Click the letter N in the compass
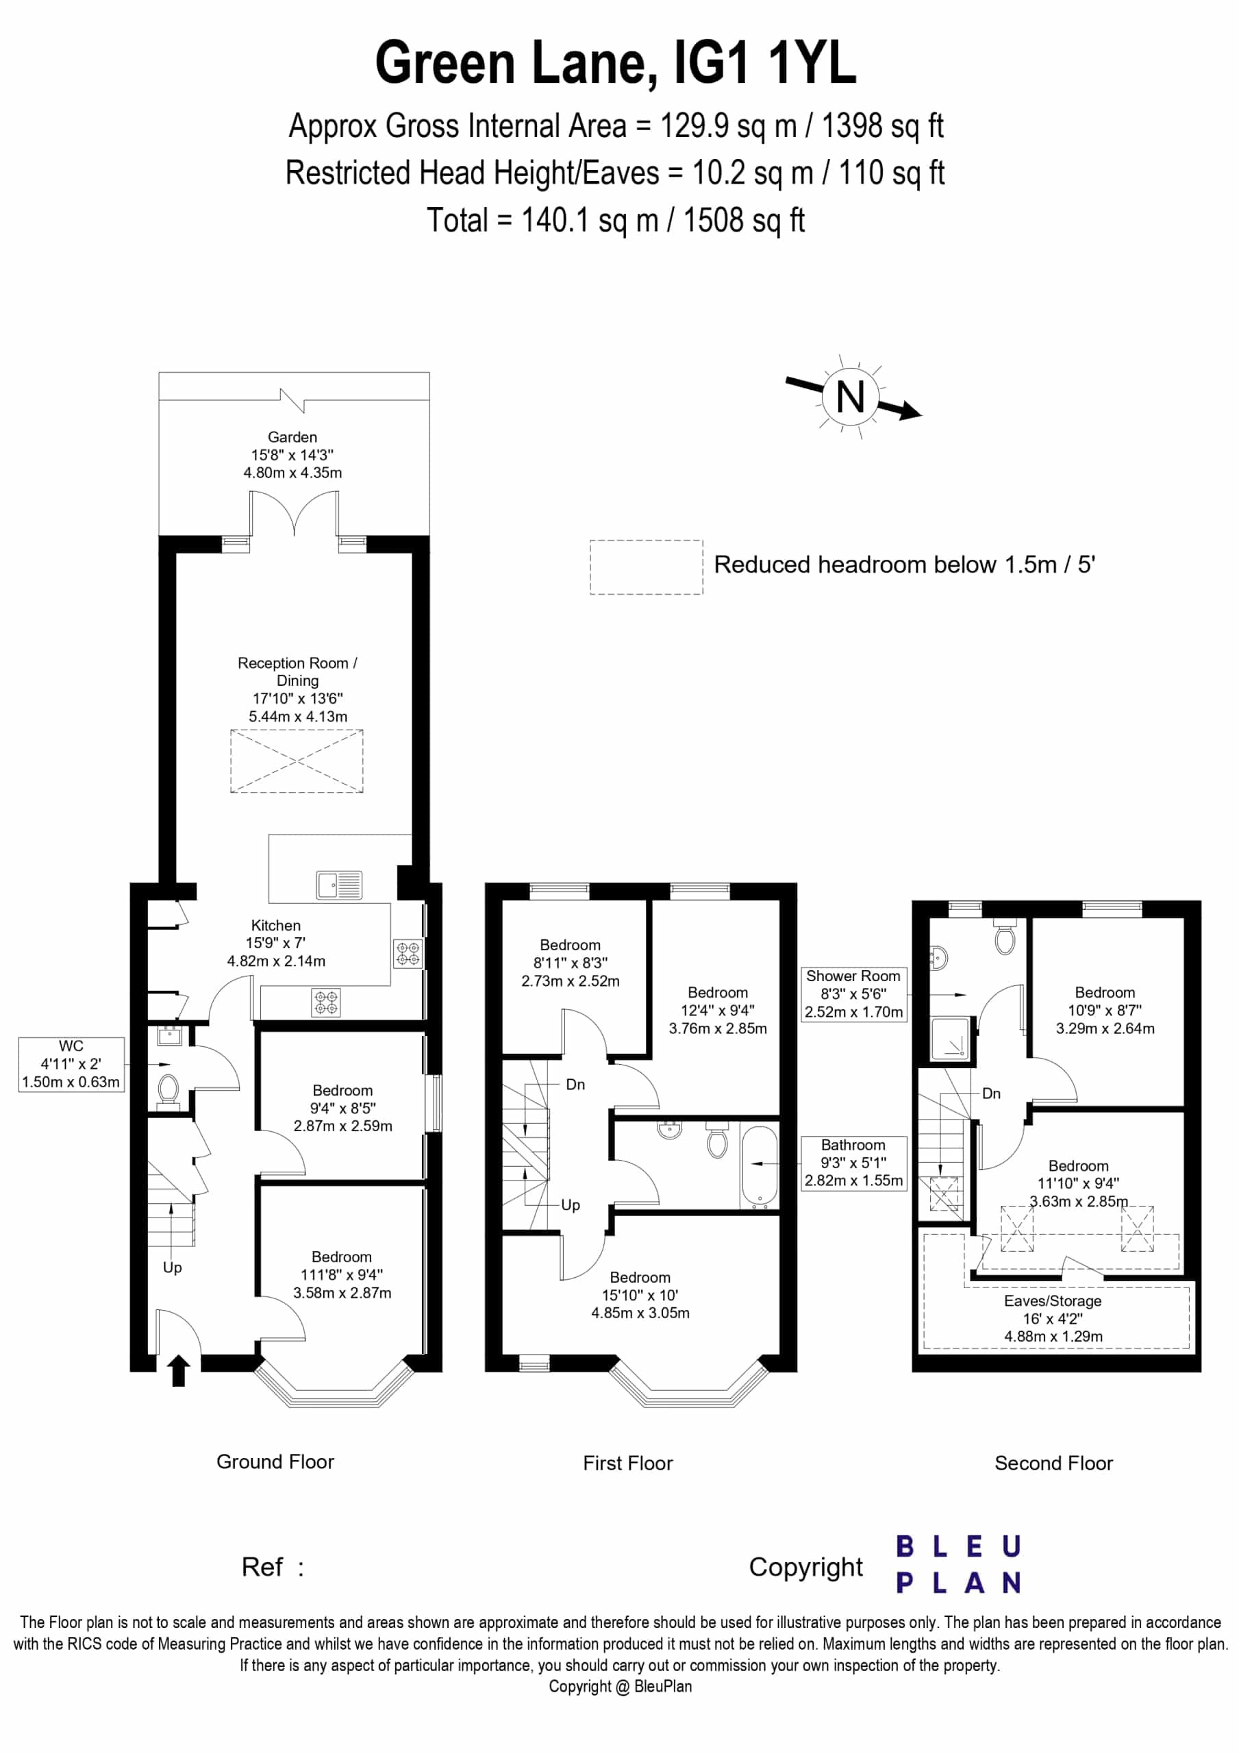[x=850, y=397]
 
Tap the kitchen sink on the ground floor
[x=339, y=885]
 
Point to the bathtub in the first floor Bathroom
[x=760, y=1167]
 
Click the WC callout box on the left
[x=71, y=1064]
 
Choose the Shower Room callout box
[x=853, y=994]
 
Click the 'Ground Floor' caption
[x=276, y=1461]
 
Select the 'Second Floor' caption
[x=1053, y=1463]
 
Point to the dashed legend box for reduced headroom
[x=647, y=567]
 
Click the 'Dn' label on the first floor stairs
[x=575, y=1084]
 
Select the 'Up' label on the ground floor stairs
[x=173, y=1268]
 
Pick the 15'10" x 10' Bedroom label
[x=640, y=1295]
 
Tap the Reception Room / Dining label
[x=298, y=690]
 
